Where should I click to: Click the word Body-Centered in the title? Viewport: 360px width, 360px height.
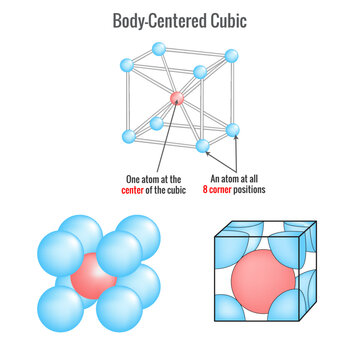[x=153, y=19]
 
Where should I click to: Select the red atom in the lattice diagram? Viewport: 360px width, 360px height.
[x=176, y=98]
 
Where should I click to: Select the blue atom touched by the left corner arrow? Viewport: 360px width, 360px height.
[x=204, y=147]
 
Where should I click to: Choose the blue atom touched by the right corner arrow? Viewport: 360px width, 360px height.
[x=233, y=130]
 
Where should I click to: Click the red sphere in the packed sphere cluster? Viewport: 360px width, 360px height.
[x=89, y=276]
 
